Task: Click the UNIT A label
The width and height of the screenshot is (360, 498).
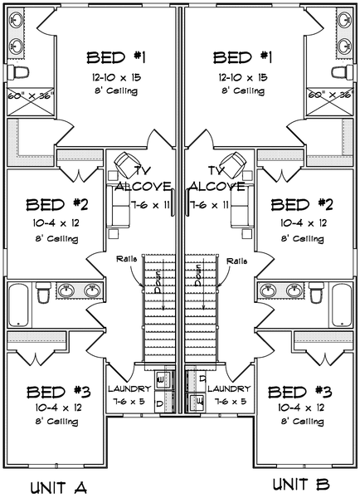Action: (x=58, y=486)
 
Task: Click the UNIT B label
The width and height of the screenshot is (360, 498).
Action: (x=301, y=484)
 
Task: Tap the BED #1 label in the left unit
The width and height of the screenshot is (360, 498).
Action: (x=117, y=57)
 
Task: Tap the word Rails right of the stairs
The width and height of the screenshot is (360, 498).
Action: (x=237, y=260)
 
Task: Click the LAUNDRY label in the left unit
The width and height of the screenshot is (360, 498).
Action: (x=129, y=388)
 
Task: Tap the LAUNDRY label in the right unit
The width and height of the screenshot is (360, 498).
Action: (x=229, y=388)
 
